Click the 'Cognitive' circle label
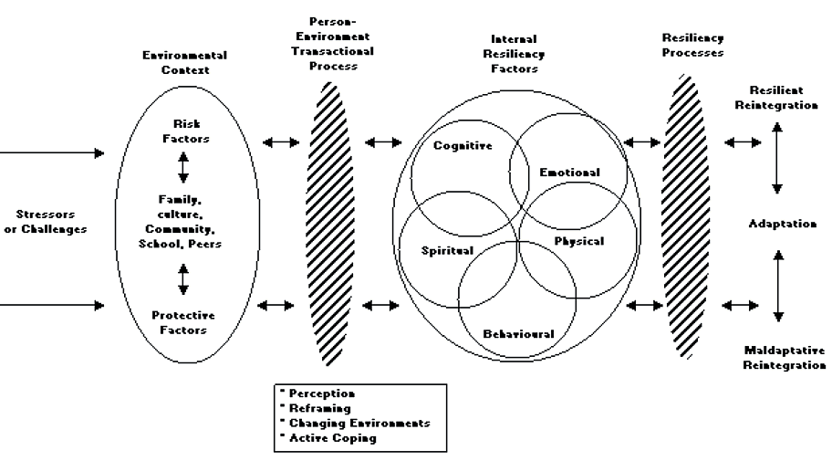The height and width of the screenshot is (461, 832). [463, 145]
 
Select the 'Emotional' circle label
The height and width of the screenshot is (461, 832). [569, 172]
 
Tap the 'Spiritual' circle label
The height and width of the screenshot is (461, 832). [447, 249]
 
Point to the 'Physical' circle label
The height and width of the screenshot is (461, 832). [579, 240]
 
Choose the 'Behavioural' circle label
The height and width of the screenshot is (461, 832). [518, 334]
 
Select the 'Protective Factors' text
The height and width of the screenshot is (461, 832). [184, 322]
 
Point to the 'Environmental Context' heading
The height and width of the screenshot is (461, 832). [184, 61]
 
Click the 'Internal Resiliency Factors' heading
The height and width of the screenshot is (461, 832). [514, 54]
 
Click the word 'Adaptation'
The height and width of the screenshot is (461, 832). [782, 224]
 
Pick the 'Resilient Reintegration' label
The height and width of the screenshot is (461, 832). [782, 98]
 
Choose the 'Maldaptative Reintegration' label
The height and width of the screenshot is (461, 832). [785, 357]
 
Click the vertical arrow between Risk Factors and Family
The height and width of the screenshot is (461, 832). [183, 166]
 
